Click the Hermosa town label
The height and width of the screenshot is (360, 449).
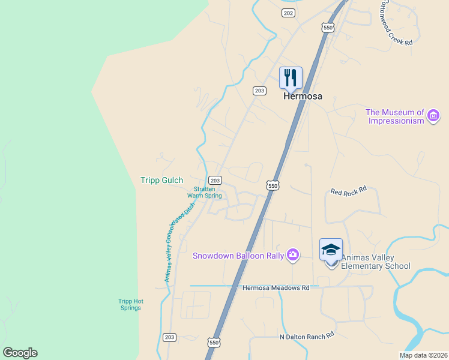(303, 96)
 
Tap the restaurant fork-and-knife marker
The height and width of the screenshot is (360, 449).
(291, 77)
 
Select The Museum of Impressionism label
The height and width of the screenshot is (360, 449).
(395, 116)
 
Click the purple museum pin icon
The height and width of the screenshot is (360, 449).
(433, 115)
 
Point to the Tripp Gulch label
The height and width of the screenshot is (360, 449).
(161, 180)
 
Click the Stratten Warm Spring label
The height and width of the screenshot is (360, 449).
(205, 192)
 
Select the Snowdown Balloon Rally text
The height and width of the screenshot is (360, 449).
(238, 256)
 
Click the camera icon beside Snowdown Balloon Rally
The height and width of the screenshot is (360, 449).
(292, 254)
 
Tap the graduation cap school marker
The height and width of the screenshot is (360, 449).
(331, 250)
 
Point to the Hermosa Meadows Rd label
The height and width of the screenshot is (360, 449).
(276, 288)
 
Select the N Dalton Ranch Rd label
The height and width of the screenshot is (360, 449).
(306, 337)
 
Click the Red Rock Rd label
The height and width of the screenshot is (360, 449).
(348, 191)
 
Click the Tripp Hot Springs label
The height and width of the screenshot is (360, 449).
(130, 304)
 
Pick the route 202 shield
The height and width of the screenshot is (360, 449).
(288, 13)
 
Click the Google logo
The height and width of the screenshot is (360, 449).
(20, 353)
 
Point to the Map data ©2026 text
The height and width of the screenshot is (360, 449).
(423, 355)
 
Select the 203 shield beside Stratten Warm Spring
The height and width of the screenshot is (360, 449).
(215, 180)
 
